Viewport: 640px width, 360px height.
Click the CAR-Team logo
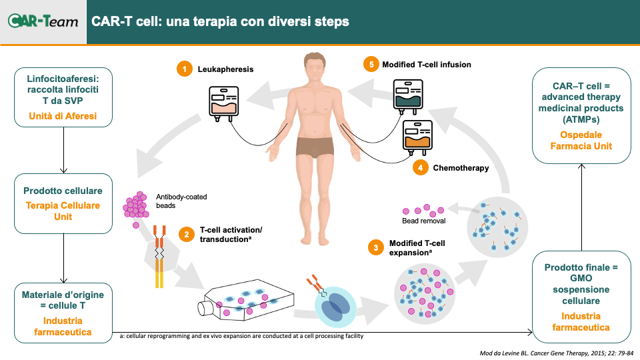[x=43, y=21]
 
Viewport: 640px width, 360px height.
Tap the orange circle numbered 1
[x=185, y=69]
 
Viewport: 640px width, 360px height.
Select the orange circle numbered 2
[x=187, y=234]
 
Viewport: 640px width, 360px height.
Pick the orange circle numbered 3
[x=376, y=247]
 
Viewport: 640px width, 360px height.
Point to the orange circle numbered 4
[x=421, y=167]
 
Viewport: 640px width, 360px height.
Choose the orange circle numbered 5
[x=371, y=64]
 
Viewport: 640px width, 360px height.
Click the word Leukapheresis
[x=225, y=69]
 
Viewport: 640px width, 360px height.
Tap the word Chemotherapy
[x=461, y=168]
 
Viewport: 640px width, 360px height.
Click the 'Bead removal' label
[x=424, y=221]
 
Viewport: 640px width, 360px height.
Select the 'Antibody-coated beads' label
[x=181, y=201]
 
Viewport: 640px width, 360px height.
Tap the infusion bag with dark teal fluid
[x=408, y=96]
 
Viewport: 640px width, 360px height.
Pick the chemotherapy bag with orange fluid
[x=417, y=137]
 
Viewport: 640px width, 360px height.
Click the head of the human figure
[x=315, y=67]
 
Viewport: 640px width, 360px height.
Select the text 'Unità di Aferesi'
[x=63, y=116]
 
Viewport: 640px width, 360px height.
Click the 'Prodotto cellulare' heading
[x=63, y=191]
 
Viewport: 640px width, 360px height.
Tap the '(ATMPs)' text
[x=581, y=119]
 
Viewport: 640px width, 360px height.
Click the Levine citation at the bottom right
[x=556, y=353]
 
